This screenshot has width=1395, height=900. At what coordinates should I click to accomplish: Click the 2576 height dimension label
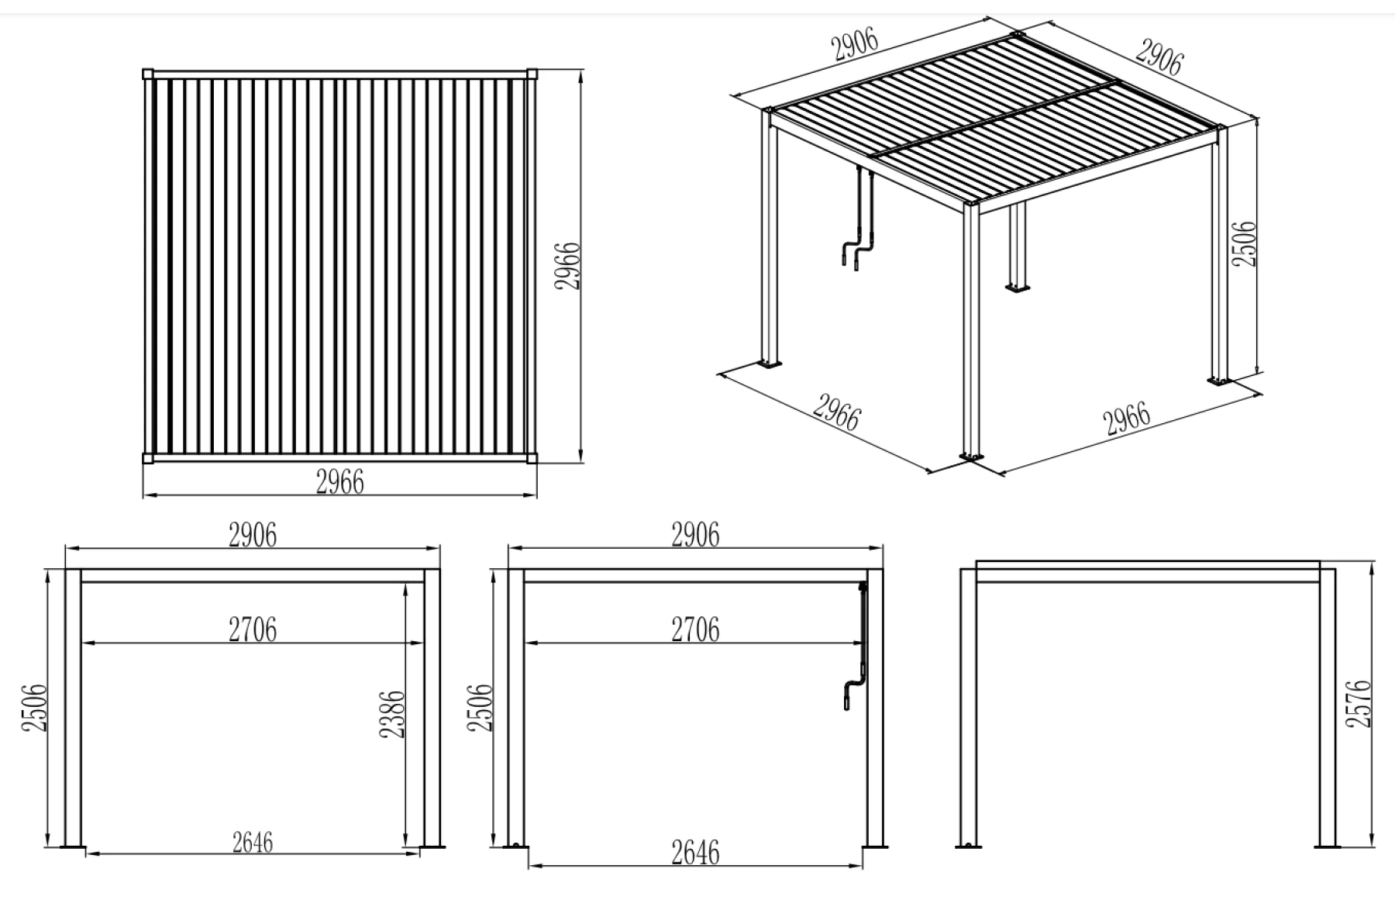1359,703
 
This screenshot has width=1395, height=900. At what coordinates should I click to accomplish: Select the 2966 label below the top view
339,482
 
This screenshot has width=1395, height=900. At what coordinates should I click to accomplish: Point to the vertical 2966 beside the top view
567,266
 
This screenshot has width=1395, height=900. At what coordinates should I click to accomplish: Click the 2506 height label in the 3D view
1243,243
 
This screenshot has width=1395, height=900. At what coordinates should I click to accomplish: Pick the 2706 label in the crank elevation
695,629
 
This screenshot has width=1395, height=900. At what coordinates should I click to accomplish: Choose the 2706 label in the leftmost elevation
253,629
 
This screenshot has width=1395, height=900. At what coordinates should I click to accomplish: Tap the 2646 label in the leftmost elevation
253,842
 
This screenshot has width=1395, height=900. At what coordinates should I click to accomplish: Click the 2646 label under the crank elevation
695,852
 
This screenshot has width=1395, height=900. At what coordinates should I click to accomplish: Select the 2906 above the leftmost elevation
253,535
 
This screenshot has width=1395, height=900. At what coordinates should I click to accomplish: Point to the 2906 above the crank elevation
695,535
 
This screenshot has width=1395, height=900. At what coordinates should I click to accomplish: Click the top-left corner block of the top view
149,74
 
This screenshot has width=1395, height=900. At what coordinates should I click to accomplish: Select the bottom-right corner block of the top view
532,457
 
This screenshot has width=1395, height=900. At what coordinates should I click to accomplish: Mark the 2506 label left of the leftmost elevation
35,707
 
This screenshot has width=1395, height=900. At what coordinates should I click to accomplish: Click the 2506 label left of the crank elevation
480,707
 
